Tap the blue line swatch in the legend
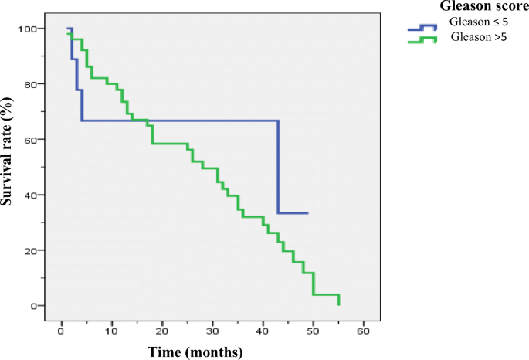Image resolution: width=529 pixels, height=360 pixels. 422,28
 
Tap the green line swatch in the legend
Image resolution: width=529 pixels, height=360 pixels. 422,39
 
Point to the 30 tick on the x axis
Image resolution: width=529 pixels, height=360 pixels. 212,331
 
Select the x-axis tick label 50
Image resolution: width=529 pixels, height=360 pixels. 313,331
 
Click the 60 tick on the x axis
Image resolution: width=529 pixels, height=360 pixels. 363,331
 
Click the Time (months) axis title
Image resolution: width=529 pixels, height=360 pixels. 196,352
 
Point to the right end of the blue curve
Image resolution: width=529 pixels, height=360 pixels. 308,213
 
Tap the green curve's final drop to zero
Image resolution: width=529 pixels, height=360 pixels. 338,300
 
